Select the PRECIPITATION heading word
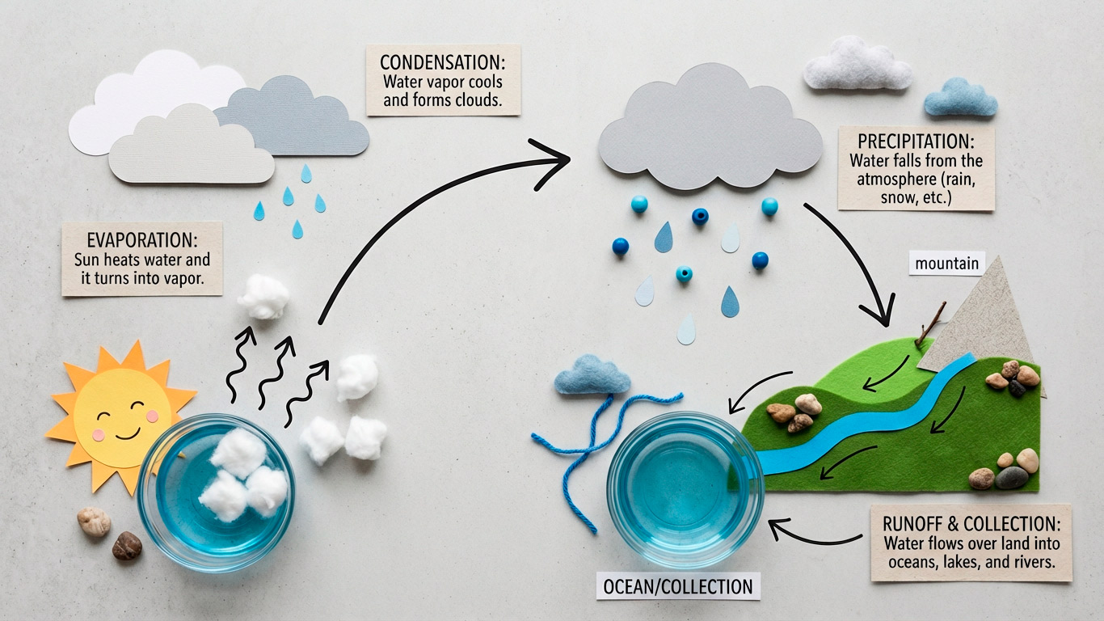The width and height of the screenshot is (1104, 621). (x=916, y=141)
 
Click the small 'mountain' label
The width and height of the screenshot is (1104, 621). (x=947, y=263)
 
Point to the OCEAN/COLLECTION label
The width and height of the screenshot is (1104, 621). (x=678, y=586)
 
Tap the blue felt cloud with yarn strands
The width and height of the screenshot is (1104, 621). (x=592, y=376)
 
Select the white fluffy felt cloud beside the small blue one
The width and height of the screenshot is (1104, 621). (x=857, y=65)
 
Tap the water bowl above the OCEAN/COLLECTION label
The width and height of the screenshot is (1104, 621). (x=684, y=489)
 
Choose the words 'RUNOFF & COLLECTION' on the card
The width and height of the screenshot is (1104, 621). (x=970, y=523)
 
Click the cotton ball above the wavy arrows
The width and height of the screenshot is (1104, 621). (x=263, y=297)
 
